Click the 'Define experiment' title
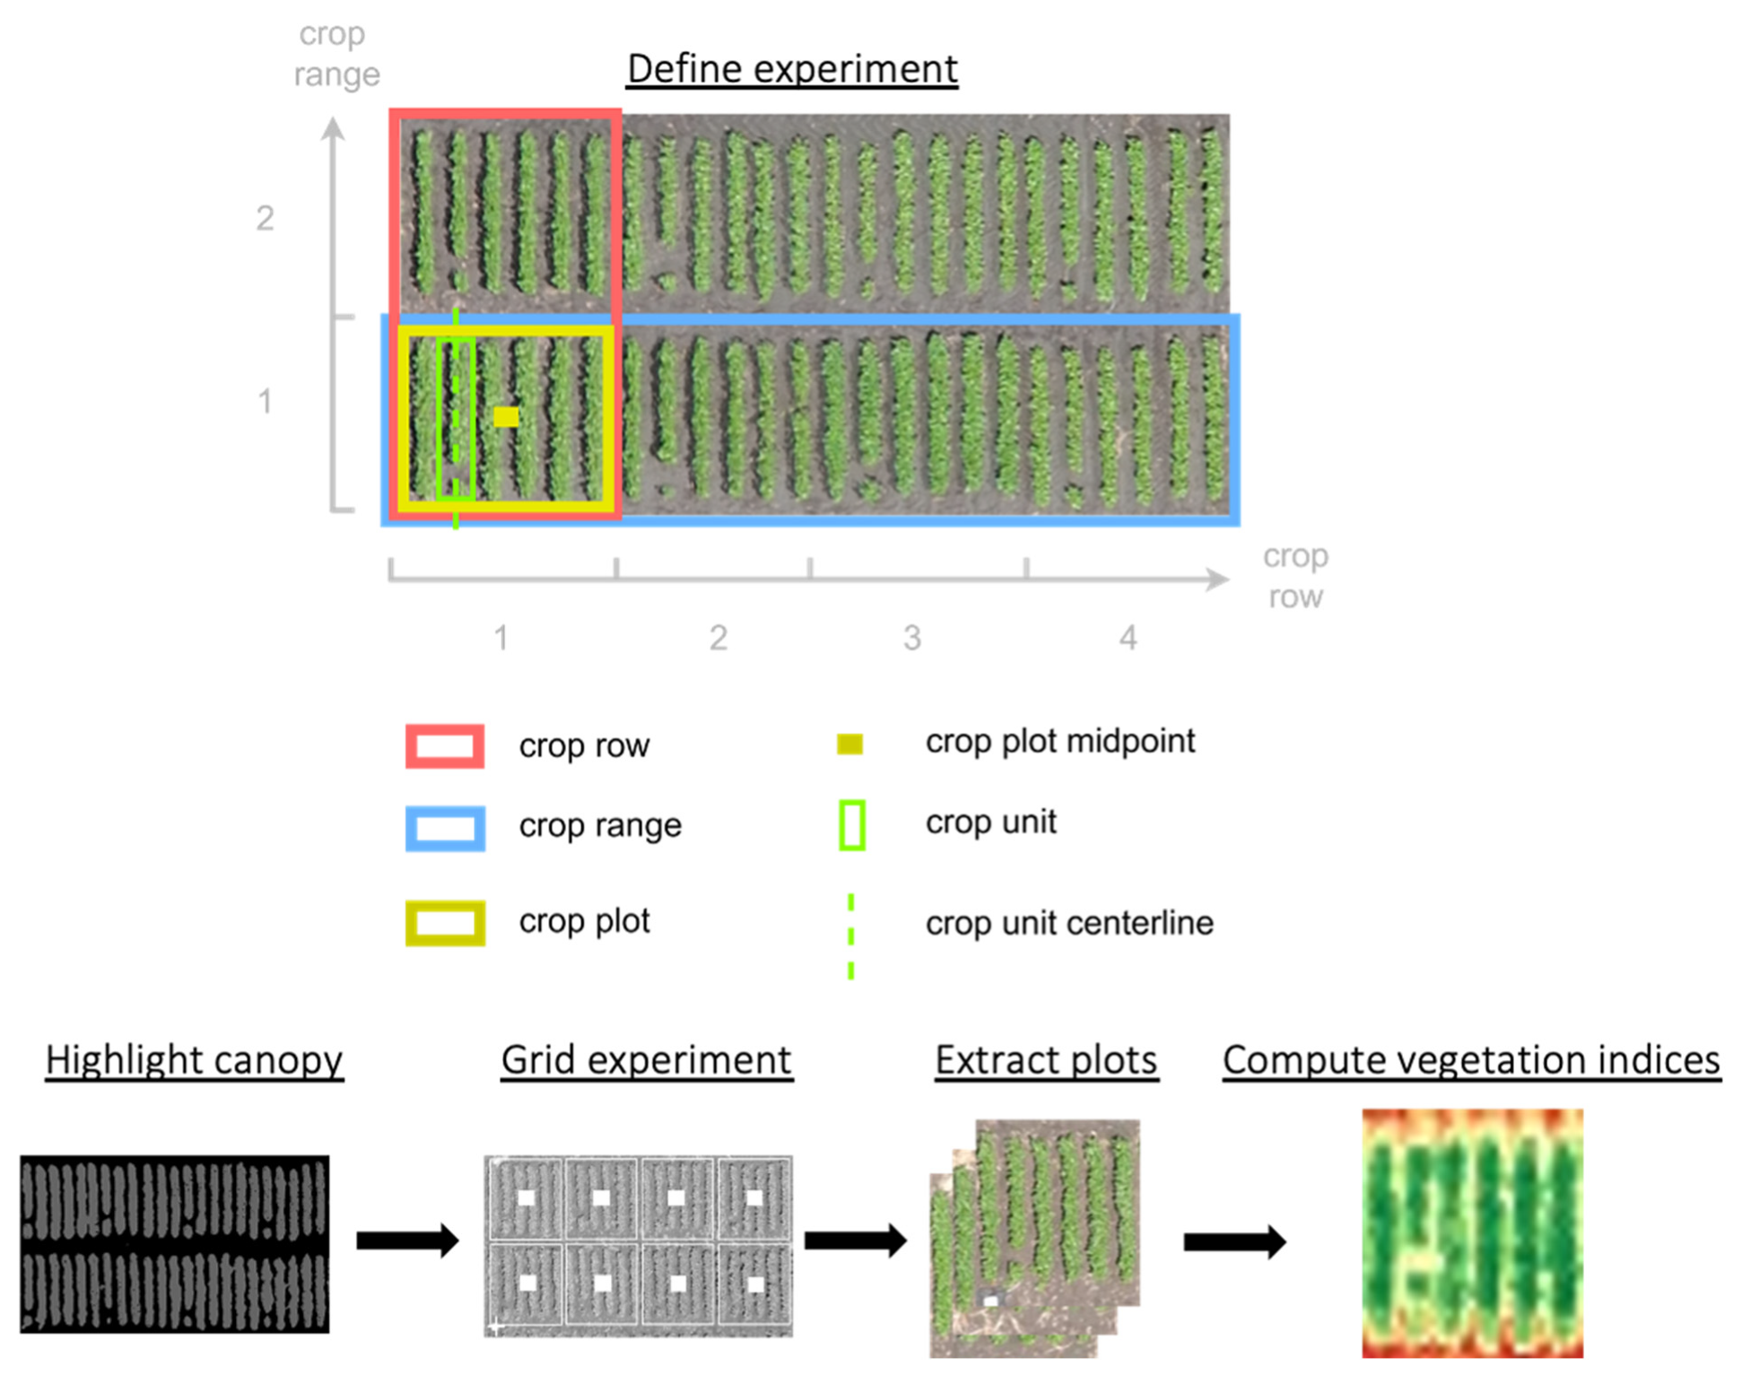point(792,69)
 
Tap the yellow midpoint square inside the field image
point(506,417)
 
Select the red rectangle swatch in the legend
point(445,746)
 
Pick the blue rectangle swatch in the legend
point(445,828)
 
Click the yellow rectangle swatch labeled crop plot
point(445,923)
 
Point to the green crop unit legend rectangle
point(851,824)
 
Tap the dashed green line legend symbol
point(850,936)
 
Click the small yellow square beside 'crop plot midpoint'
point(849,744)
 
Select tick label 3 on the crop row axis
point(912,639)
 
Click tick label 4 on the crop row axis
point(1128,639)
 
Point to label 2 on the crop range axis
point(265,218)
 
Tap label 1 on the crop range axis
point(265,401)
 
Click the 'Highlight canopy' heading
point(194,1060)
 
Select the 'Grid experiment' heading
point(646,1060)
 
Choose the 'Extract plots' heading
point(1046,1060)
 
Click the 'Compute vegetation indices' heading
point(1471,1060)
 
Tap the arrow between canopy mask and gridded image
point(407,1240)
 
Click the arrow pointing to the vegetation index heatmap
point(1234,1242)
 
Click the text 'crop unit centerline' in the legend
point(1069,923)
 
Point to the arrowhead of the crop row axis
point(1218,579)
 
